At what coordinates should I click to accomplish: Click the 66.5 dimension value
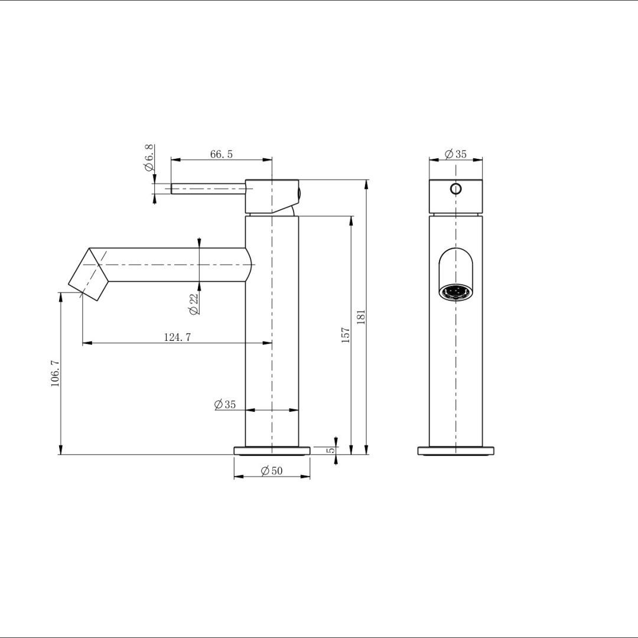tap(222, 154)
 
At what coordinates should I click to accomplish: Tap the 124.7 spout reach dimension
tap(177, 337)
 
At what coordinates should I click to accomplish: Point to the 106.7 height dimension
tap(55, 373)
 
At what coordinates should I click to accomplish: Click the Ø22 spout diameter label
tap(193, 303)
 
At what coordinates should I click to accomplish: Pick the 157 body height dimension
tap(346, 334)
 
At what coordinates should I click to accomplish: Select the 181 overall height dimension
tap(362, 317)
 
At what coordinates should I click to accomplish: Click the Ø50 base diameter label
tap(272, 471)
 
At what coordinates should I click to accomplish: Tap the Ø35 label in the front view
tap(455, 154)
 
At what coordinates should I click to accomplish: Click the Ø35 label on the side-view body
tap(225, 405)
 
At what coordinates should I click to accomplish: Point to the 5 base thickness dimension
tap(331, 450)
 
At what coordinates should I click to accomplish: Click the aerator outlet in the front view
tap(455, 292)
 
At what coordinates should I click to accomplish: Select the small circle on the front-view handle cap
tap(455, 189)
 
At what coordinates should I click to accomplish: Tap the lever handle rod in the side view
tap(207, 189)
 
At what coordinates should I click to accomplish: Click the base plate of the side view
tap(272, 451)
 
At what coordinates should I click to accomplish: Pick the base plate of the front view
tap(455, 451)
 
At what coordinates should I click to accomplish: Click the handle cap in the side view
tap(272, 195)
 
